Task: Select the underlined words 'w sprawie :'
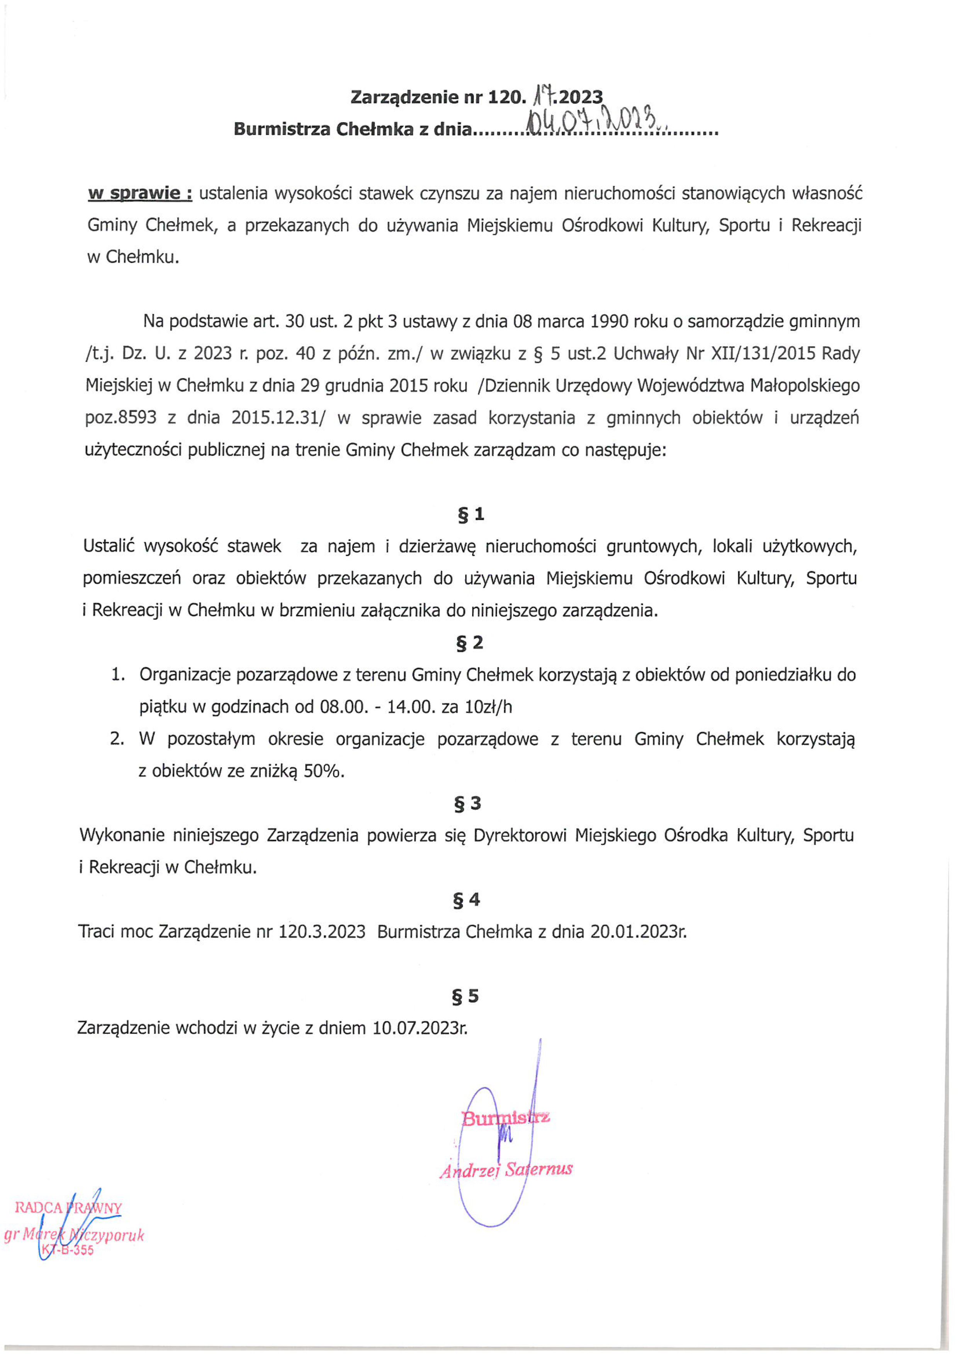[140, 194]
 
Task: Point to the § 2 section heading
[470, 643]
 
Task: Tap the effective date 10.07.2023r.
[420, 1028]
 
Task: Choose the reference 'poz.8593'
[121, 418]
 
